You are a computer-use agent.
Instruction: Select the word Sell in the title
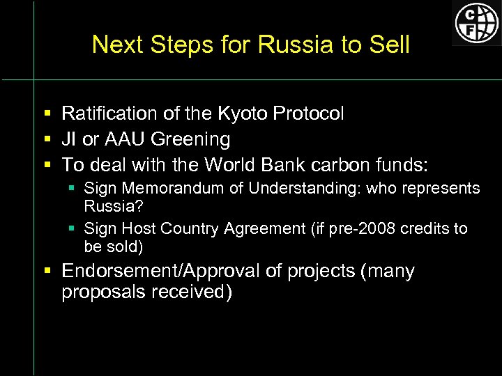click(x=391, y=45)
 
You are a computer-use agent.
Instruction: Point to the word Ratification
click(x=104, y=113)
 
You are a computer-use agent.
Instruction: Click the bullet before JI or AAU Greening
click(x=47, y=139)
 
